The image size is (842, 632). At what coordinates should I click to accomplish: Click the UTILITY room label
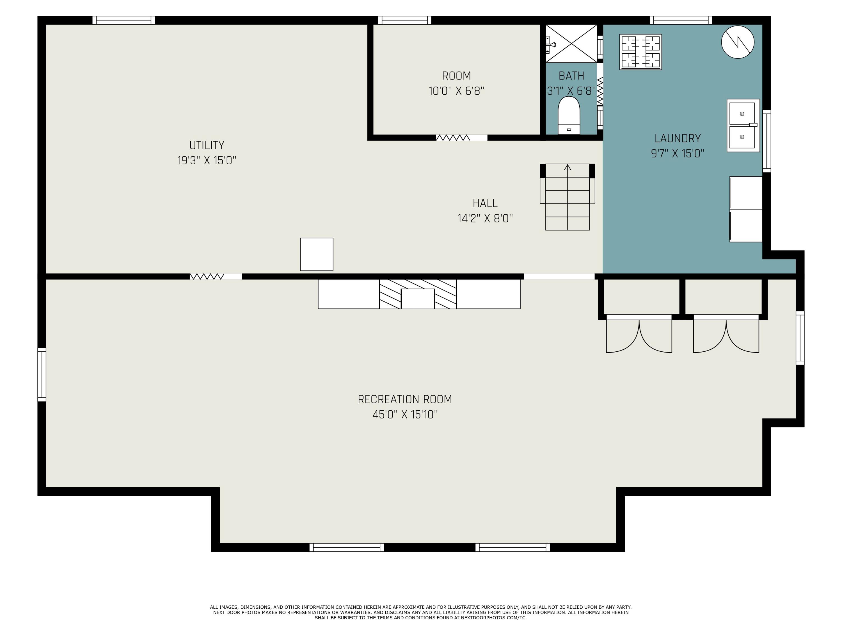click(x=207, y=145)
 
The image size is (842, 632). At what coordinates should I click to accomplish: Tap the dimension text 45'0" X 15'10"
click(x=405, y=415)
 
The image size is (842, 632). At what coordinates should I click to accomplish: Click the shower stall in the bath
click(x=571, y=44)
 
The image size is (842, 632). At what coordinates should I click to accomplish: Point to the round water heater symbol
click(x=738, y=42)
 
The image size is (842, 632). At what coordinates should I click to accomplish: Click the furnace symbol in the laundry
click(x=641, y=52)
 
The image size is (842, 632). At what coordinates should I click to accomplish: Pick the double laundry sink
click(x=743, y=125)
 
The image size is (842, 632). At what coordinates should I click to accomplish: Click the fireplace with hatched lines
click(x=418, y=294)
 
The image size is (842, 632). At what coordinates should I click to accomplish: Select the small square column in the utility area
click(x=317, y=254)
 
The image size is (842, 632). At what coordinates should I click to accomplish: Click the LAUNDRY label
click(x=678, y=138)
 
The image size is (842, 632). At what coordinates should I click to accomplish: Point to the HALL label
click(x=485, y=203)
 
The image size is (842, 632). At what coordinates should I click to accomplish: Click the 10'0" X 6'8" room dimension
click(x=456, y=91)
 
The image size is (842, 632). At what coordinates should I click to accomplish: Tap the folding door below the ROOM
click(x=453, y=138)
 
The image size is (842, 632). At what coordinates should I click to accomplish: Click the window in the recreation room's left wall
click(x=42, y=374)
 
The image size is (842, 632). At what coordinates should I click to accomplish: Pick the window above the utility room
click(x=124, y=20)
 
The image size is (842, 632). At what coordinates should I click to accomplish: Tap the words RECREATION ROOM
click(x=405, y=399)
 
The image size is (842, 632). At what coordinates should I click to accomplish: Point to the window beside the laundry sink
click(x=767, y=141)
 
